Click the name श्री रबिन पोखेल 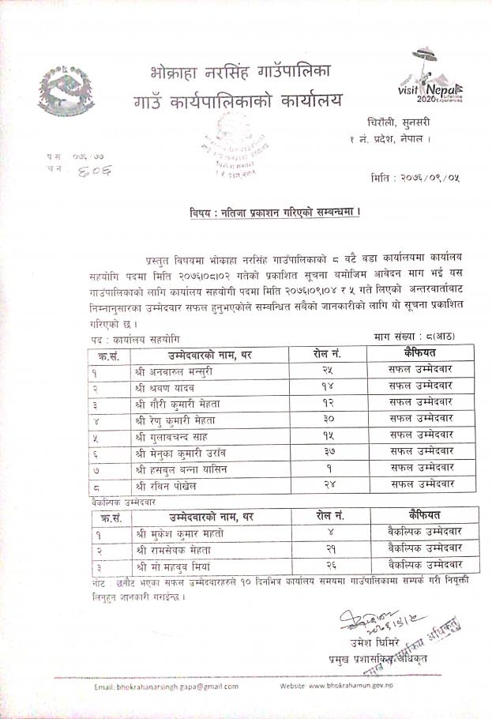(x=165, y=484)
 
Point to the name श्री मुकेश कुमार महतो (x=178, y=533)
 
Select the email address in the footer (x=166, y=687)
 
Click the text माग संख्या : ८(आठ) (x=414, y=337)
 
